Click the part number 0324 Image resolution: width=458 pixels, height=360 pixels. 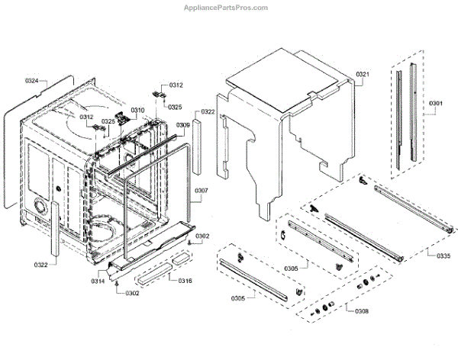(32, 80)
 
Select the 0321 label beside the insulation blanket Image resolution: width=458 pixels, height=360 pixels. (363, 74)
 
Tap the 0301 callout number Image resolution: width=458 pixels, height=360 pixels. (436, 104)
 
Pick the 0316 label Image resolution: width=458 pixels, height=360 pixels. (185, 281)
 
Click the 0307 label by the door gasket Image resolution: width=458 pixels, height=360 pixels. (201, 190)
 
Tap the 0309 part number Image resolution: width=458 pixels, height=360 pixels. (183, 124)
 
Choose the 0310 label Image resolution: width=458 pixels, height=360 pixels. (137, 111)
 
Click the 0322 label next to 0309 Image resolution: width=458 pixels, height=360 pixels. (207, 111)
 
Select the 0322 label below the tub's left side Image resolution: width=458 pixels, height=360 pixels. (41, 265)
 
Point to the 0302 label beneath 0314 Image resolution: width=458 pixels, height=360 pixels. (132, 293)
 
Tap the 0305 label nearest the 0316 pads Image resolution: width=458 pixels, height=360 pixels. (234, 298)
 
